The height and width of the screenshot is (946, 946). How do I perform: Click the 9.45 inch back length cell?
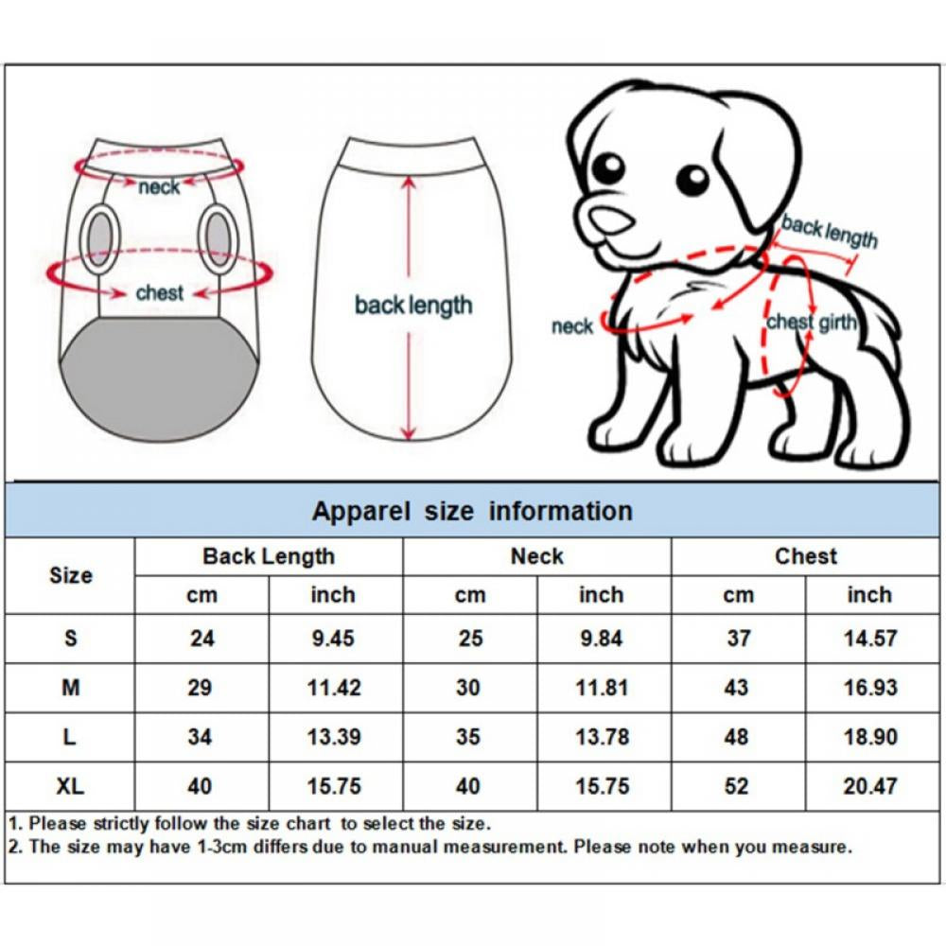(x=332, y=639)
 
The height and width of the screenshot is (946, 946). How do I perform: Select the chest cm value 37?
(x=738, y=639)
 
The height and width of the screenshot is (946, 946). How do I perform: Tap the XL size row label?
(x=70, y=785)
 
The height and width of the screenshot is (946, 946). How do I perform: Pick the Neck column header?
(x=536, y=556)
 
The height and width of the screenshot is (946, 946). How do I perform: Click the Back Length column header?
(x=269, y=556)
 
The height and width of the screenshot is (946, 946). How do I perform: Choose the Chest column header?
(x=806, y=556)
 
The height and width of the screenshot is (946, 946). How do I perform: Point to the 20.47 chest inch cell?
(x=869, y=785)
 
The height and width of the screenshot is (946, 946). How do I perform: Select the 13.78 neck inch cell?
(x=602, y=736)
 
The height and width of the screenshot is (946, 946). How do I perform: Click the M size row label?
(x=70, y=688)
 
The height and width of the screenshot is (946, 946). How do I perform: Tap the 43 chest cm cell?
(x=737, y=688)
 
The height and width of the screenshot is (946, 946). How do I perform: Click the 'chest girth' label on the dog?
(x=811, y=323)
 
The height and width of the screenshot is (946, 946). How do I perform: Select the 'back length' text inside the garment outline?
(x=412, y=306)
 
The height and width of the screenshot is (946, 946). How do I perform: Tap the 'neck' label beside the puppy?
(x=571, y=327)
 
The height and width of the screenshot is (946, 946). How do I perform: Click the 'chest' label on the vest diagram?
(x=159, y=293)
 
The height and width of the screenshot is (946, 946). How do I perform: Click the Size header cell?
(x=70, y=575)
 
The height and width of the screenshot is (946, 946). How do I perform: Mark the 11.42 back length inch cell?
(x=334, y=688)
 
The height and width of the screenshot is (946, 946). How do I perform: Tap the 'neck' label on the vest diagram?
(x=158, y=187)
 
